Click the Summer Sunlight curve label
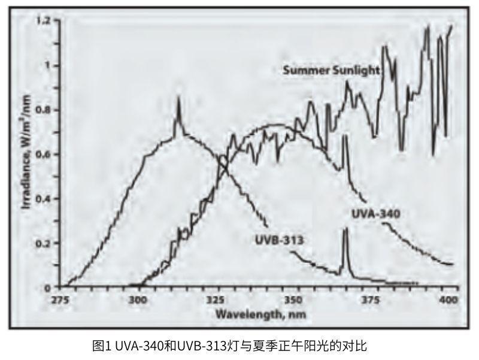331,70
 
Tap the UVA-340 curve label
375,213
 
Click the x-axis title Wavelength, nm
253,314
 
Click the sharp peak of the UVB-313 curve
178,99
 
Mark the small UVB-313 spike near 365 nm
345,231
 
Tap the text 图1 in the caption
100,346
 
